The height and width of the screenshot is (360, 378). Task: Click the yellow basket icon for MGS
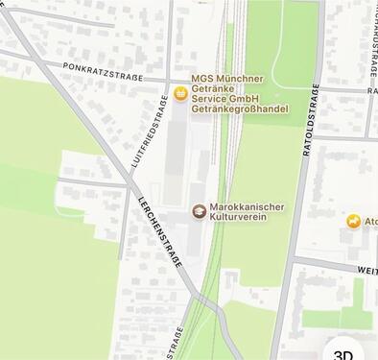pos(179,93)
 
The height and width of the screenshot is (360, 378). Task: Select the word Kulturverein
pos(238,218)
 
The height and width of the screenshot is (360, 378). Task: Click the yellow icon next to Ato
pos(354,223)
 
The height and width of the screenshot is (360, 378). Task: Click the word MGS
pos(203,78)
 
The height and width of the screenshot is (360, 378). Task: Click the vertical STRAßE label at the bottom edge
pos(178,343)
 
